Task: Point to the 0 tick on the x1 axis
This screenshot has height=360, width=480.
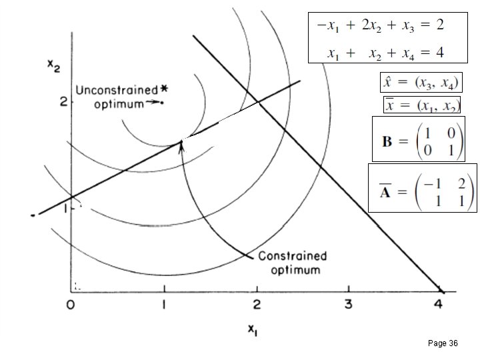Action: click(71, 305)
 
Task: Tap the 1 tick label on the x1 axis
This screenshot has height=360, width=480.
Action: click(164, 305)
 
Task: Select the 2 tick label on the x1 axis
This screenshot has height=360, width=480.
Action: click(257, 305)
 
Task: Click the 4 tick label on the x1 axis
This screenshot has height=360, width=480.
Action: click(438, 305)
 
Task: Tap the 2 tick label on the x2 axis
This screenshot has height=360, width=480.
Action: click(63, 101)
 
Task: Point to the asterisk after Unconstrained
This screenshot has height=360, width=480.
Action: click(164, 89)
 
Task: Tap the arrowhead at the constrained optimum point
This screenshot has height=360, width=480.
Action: click(181, 143)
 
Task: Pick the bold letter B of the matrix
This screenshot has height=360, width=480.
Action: click(387, 142)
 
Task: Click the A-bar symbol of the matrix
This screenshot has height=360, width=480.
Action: click(385, 193)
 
